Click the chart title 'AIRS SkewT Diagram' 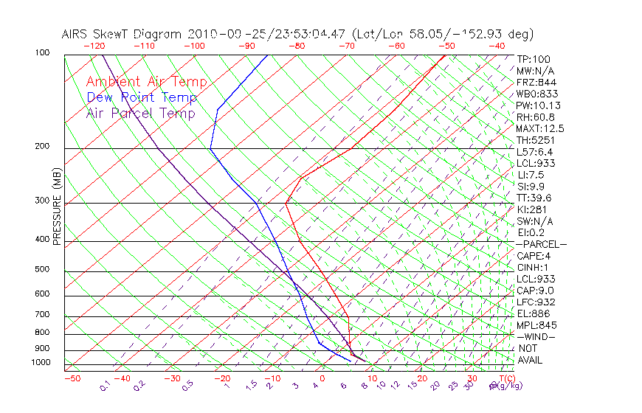tap(122, 34)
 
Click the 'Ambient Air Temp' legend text tap(146, 82)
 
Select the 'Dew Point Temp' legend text tap(142, 97)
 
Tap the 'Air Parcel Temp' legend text tap(140, 113)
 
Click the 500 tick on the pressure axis tap(43, 269)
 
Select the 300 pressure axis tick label tap(43, 201)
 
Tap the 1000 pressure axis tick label tap(41, 363)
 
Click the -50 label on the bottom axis tap(72, 378)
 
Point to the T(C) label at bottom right tap(508, 378)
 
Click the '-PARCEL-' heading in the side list tap(542, 244)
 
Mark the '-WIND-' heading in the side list tap(536, 336)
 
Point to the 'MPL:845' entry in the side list tap(536, 325)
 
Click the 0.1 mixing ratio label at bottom tap(105, 386)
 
